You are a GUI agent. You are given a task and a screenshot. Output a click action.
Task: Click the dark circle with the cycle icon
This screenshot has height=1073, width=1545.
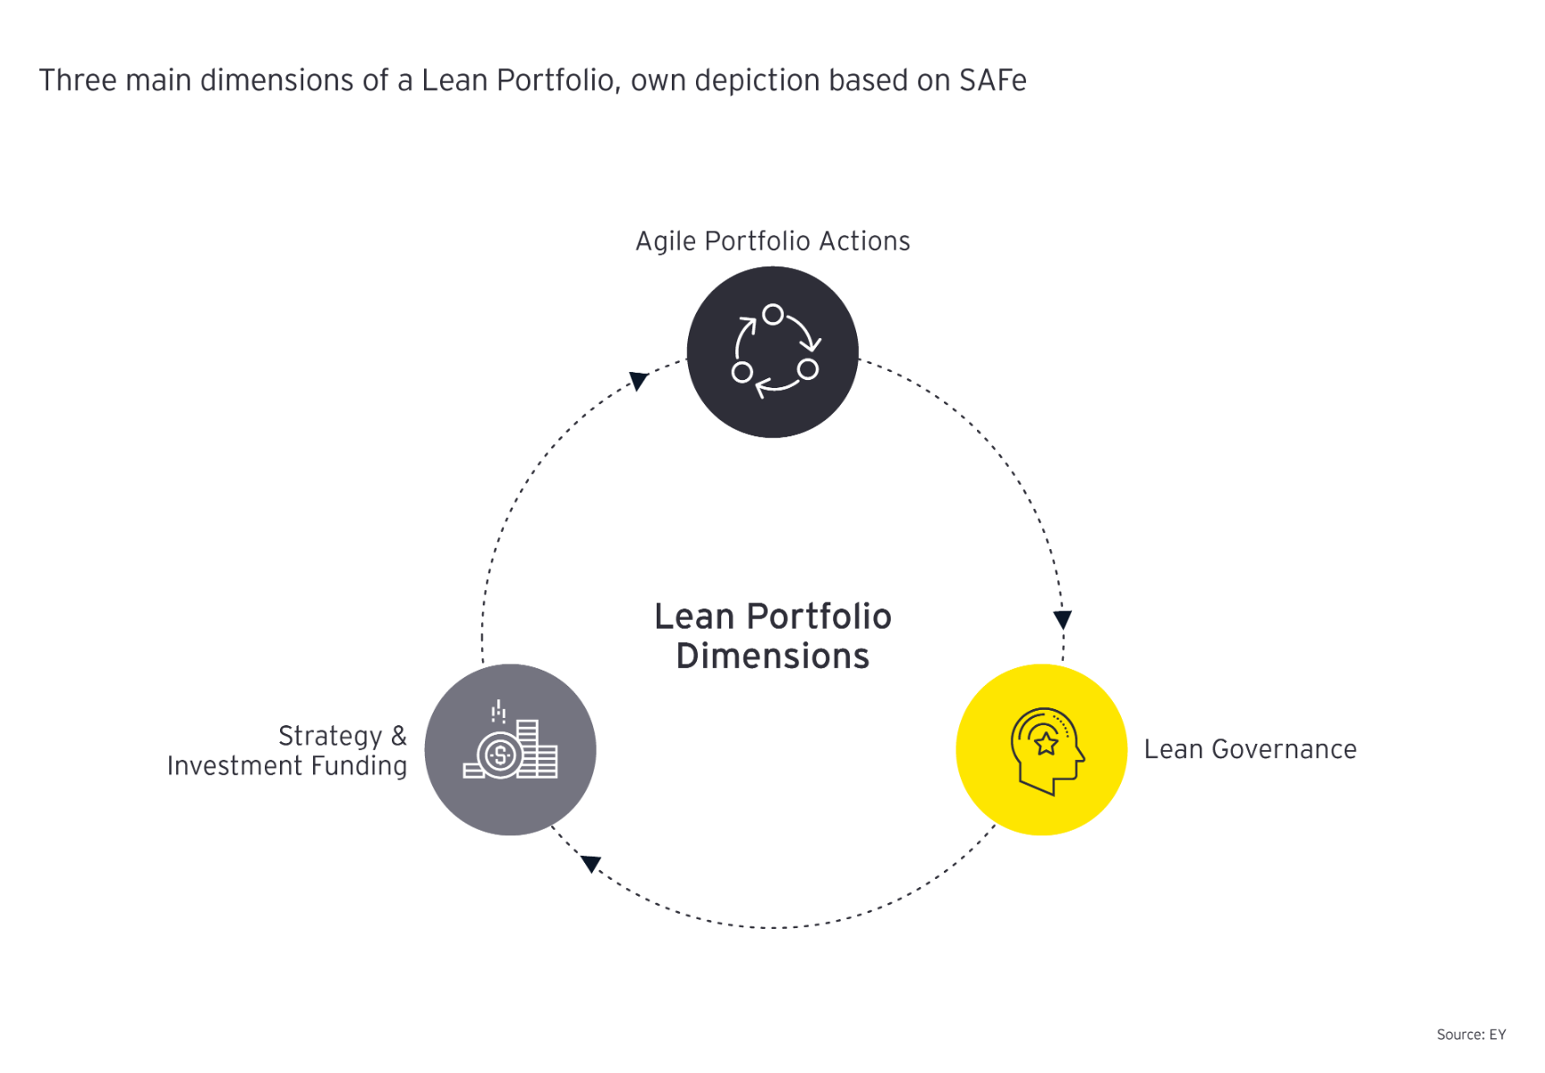[772, 351]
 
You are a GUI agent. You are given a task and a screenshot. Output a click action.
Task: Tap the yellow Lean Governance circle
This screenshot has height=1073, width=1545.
[1041, 749]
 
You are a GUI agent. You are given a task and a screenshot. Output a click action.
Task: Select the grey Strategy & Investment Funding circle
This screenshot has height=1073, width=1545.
[510, 749]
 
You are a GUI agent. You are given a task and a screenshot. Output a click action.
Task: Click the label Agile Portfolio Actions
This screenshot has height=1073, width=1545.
[772, 241]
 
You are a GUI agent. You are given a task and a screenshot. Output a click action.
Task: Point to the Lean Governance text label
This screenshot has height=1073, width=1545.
[1250, 749]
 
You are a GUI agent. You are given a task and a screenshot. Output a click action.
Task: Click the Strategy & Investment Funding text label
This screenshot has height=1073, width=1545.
[287, 751]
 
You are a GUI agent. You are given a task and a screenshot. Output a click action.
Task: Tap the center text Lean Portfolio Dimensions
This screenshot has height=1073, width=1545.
[772, 636]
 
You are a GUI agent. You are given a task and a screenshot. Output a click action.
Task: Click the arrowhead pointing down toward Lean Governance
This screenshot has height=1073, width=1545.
[1062, 620]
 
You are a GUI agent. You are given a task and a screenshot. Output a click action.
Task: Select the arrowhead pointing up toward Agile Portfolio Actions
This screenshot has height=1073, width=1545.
[638, 381]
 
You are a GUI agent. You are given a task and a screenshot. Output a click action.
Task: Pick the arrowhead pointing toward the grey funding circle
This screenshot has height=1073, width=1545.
[591, 863]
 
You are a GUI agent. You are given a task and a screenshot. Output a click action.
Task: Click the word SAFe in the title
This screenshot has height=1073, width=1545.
[993, 80]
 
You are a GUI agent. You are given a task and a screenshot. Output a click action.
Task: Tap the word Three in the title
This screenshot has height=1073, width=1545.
[78, 80]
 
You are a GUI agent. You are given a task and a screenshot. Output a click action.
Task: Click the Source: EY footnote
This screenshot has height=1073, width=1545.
[1471, 1035]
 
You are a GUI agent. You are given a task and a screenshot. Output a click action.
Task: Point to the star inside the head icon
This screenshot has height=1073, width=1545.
[1045, 742]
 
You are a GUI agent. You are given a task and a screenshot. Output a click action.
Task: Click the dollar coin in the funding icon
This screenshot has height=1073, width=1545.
[499, 755]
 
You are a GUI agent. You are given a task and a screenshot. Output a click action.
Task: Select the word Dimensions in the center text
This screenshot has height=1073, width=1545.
[772, 656]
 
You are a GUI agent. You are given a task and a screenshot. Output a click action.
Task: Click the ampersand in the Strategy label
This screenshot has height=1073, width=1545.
[398, 736]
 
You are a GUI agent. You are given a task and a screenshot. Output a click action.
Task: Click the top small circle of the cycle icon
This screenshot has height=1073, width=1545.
[773, 315]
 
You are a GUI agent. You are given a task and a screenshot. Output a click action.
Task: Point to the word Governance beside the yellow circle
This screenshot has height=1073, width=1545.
[1284, 749]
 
